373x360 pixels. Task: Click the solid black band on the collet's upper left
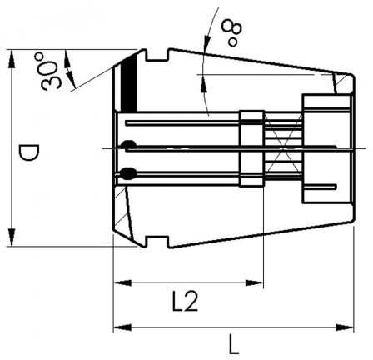tap(128, 84)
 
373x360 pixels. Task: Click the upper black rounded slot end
tap(126, 147)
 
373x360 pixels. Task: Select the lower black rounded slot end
tap(126, 174)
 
